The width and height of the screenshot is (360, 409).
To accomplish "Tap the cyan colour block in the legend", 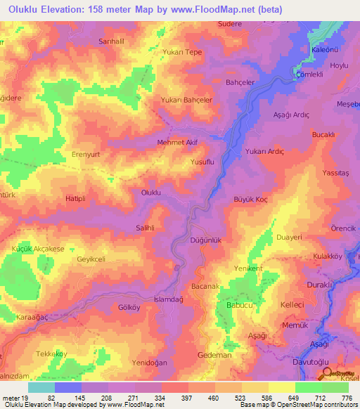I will click(x=41, y=387).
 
